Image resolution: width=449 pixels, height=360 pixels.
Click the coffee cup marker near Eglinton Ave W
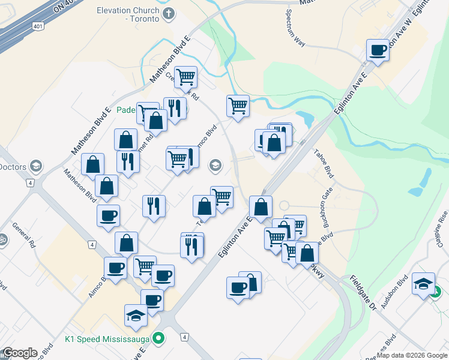[x=378, y=50]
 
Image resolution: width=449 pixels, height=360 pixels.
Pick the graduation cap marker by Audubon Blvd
[x=423, y=284]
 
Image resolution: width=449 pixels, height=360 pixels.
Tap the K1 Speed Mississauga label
[x=107, y=339]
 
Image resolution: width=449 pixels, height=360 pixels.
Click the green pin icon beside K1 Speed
[x=159, y=339]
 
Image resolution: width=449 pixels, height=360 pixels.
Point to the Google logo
[x=20, y=353]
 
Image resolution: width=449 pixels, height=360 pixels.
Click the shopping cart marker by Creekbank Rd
[x=186, y=77]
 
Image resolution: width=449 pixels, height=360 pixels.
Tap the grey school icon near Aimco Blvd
[x=215, y=165]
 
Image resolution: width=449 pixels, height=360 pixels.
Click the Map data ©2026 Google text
[x=411, y=355]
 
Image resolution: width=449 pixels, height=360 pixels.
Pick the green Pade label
[x=126, y=110]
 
